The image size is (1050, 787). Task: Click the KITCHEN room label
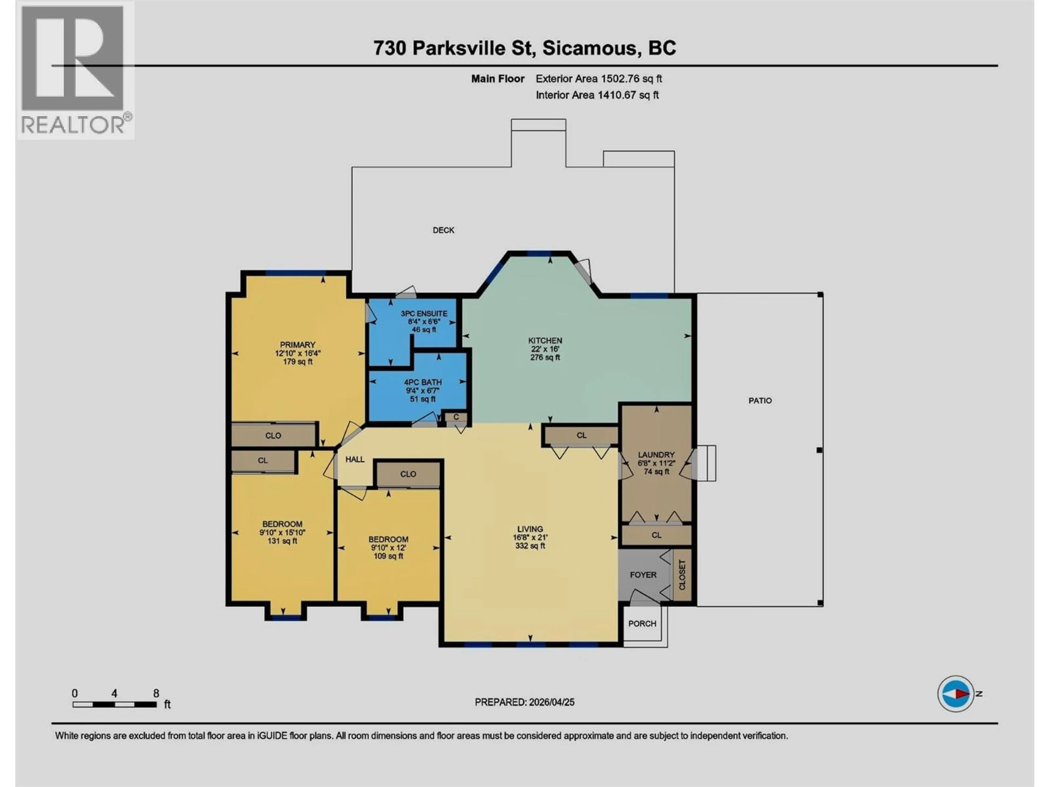tap(545, 340)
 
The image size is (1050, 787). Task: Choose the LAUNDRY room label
tap(656, 454)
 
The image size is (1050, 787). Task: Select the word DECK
tap(443, 230)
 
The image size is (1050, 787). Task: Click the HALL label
tap(355, 459)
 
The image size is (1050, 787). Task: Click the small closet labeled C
tap(456, 417)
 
